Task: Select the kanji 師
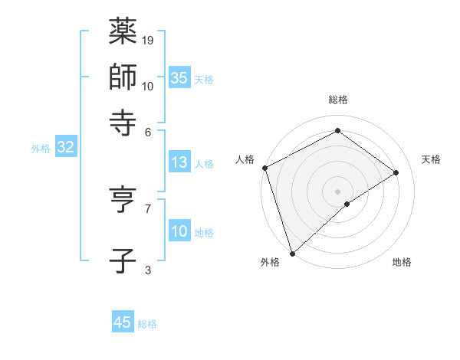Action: click(x=122, y=77)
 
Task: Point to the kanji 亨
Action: click(x=122, y=199)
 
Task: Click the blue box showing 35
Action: click(x=179, y=77)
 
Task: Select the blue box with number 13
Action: click(x=179, y=162)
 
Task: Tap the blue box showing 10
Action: click(x=179, y=231)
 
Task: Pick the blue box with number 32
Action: click(x=65, y=147)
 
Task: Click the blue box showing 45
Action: click(x=123, y=322)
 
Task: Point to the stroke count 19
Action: click(x=148, y=40)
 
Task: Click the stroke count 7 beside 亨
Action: click(x=148, y=208)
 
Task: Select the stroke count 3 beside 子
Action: click(x=148, y=270)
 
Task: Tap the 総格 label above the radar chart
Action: click(x=337, y=100)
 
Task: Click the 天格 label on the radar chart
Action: click(x=431, y=159)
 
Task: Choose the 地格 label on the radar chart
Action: click(x=402, y=262)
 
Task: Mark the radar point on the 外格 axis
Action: click(x=291, y=253)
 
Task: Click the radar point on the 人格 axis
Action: click(x=264, y=168)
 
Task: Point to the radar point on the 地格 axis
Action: click(x=347, y=204)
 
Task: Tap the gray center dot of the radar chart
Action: click(x=337, y=190)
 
